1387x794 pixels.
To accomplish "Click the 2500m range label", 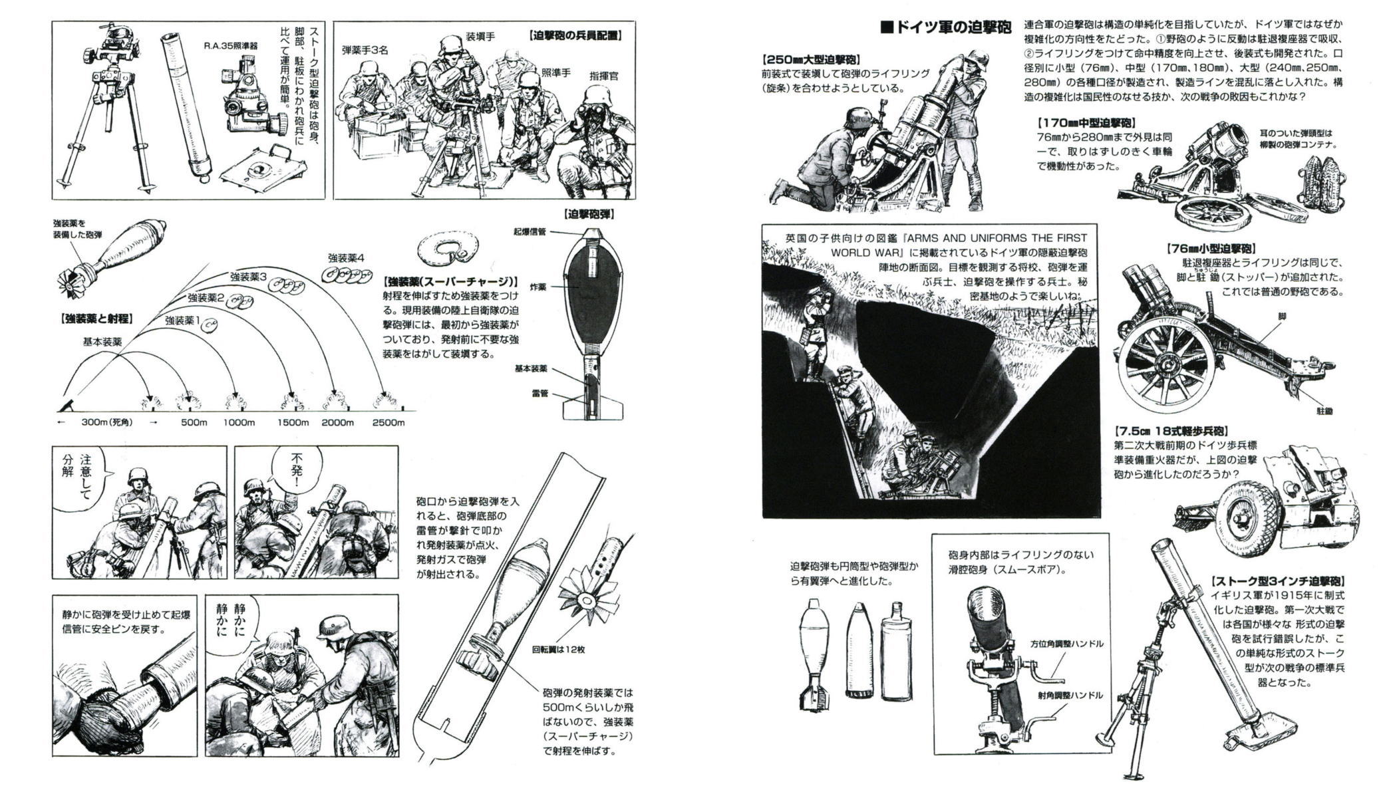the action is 388,422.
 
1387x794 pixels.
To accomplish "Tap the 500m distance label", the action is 194,422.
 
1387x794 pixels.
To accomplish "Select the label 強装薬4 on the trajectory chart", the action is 346,258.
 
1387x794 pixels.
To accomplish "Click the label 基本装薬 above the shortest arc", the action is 102,342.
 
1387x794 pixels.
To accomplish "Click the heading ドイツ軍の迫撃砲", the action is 945,27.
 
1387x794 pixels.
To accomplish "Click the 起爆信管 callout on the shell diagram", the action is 530,232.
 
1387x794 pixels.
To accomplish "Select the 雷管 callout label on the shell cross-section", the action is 539,394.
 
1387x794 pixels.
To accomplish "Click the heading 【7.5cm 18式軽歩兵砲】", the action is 1171,432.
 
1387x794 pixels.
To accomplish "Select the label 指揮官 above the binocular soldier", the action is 603,76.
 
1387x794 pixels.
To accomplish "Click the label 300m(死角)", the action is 107,422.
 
